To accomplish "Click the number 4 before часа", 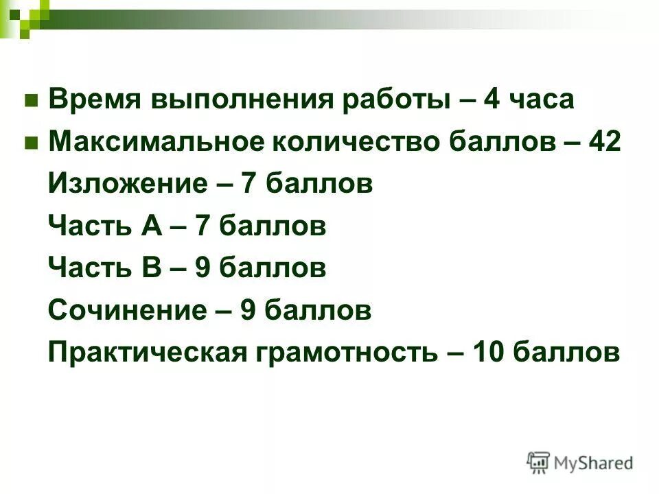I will (492, 101).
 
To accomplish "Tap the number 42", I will (605, 143).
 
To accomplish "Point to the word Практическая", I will (148, 353).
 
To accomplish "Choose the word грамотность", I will (347, 353).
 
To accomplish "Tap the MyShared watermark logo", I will (579, 463).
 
